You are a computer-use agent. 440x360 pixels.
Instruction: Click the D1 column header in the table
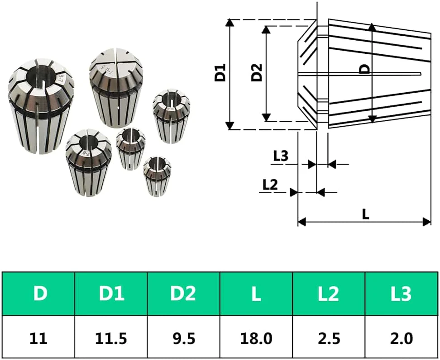coord(111,294)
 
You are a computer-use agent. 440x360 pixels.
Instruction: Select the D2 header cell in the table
coord(183,294)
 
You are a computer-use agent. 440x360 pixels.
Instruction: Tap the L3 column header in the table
coord(401,294)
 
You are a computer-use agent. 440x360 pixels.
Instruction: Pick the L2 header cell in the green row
coord(329,294)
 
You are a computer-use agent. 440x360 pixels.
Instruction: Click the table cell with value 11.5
coord(111,338)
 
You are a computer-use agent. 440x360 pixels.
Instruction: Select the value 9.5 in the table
coord(184,338)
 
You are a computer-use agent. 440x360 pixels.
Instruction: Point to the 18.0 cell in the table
coord(256,338)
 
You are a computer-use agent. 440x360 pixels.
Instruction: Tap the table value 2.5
coord(329,338)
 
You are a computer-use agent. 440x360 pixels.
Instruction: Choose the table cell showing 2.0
coord(401,338)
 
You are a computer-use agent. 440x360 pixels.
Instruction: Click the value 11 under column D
coord(38,338)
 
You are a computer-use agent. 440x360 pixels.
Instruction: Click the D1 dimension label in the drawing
coord(220,73)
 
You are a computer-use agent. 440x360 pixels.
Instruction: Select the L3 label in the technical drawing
coord(281,156)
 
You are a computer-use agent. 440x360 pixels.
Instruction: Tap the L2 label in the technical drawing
coord(270,185)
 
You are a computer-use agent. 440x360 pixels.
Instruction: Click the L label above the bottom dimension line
coord(365,214)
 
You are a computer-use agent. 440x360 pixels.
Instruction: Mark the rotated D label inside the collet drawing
coord(365,69)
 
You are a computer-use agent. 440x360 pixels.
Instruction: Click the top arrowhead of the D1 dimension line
coord(230,23)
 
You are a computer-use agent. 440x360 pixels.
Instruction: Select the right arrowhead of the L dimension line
coord(427,222)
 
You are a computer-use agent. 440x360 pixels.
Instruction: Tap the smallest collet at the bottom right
coord(157,175)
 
